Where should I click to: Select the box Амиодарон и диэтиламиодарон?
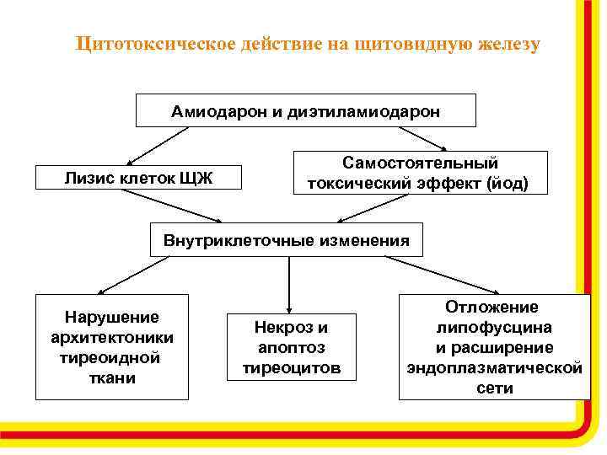[x=305, y=110]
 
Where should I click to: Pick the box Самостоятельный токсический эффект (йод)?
[x=420, y=173]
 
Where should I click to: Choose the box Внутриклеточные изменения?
[x=286, y=240]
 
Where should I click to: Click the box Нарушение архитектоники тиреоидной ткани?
[x=112, y=347]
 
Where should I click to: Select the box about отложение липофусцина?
[x=493, y=347]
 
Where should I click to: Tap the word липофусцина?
[x=494, y=328]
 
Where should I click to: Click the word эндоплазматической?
[x=494, y=368]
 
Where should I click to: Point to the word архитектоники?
[x=112, y=338]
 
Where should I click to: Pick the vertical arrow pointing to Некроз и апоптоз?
[x=289, y=283]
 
